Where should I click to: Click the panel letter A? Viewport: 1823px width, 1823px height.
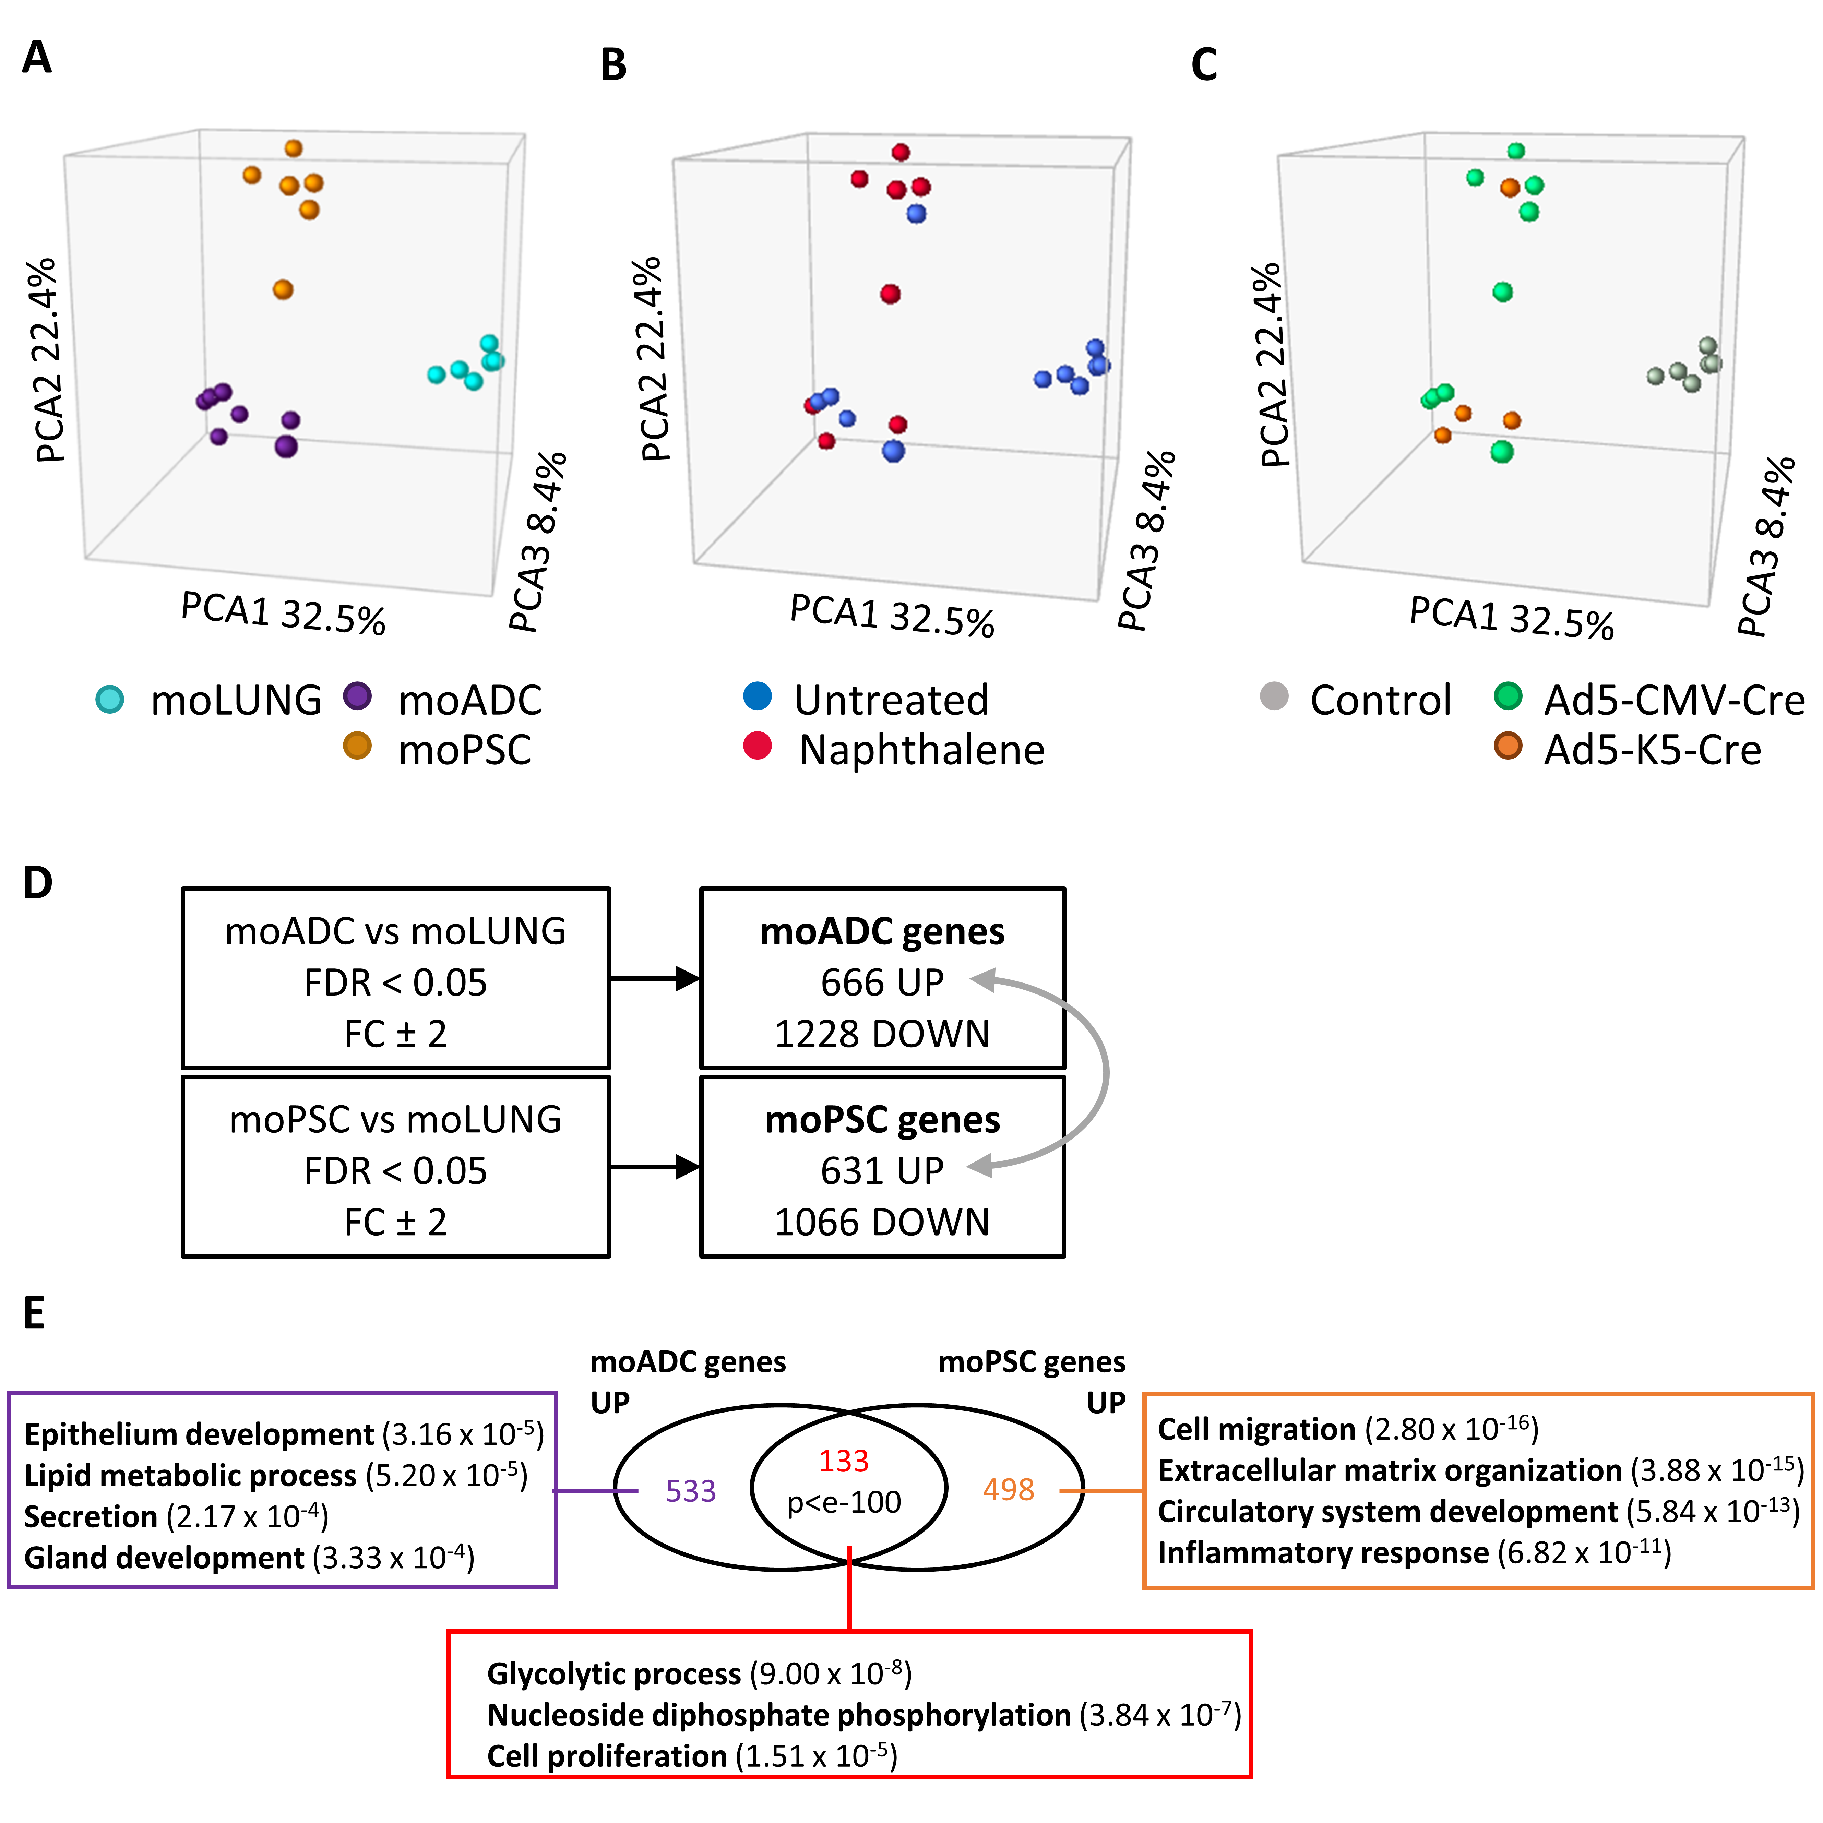(37, 58)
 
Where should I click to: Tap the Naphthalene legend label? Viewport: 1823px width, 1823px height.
(921, 750)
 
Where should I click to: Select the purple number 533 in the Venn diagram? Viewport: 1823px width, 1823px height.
(691, 1491)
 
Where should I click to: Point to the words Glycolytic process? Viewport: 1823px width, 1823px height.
(613, 1674)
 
